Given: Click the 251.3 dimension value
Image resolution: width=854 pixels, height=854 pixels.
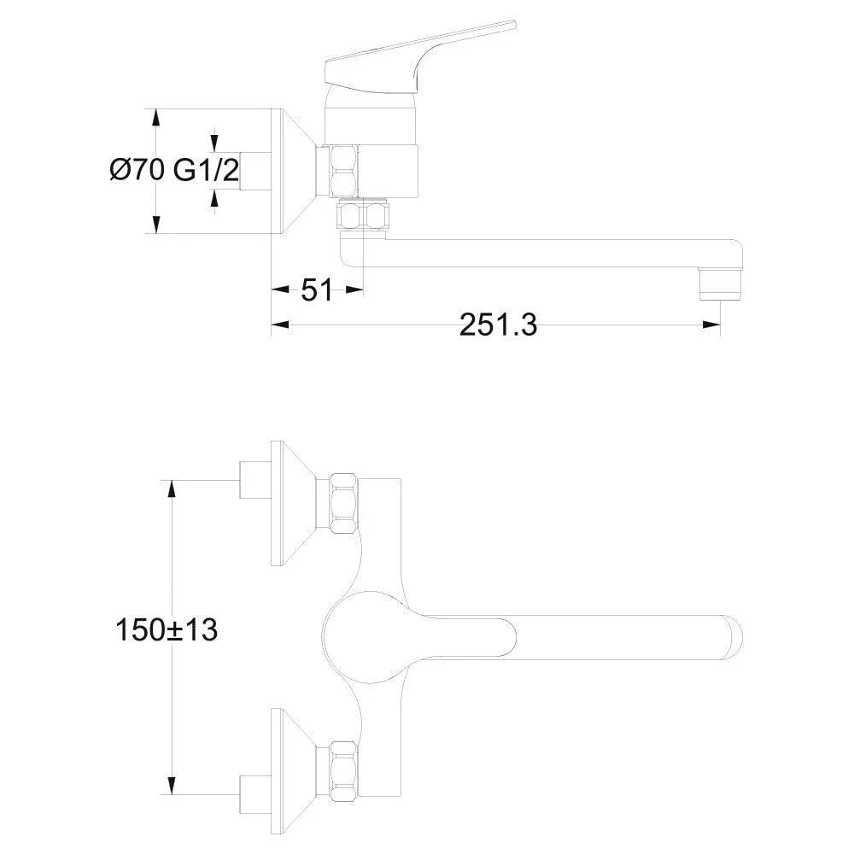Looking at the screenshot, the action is pos(498,325).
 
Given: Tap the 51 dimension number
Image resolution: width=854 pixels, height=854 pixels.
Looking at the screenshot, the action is pos(317,290).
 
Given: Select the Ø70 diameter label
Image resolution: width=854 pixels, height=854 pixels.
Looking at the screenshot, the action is pos(137,170).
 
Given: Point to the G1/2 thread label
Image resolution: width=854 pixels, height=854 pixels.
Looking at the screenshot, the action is pos(206,170).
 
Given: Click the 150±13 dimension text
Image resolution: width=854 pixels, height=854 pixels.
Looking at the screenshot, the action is pos(167,629).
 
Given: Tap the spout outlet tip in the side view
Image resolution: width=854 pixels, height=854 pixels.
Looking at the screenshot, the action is pos(721,284).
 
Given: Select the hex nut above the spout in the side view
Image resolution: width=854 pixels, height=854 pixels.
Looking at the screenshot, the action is pos(362,214).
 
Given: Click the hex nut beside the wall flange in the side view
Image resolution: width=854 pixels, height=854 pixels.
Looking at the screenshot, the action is pos(344,171).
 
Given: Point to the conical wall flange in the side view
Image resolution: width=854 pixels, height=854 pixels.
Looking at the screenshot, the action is pos(294,171).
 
